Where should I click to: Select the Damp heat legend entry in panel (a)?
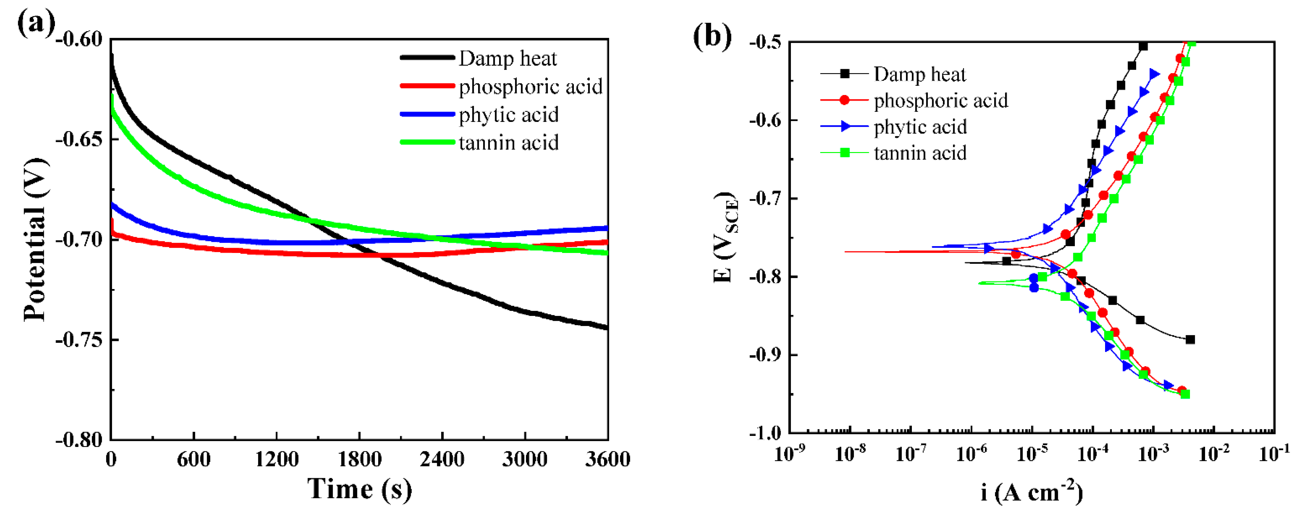point(507,58)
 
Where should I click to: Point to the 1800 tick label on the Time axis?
point(359,459)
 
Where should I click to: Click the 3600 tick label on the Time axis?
point(607,459)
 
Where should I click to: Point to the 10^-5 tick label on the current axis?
point(1032,453)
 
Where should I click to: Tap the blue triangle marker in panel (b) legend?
point(845,126)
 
